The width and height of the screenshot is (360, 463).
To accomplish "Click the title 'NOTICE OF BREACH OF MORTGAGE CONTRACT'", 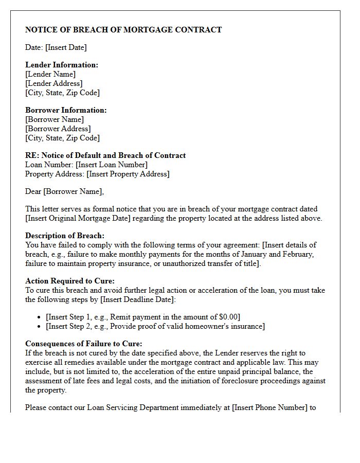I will tap(123, 30).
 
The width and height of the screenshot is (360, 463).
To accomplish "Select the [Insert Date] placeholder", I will tap(66, 47).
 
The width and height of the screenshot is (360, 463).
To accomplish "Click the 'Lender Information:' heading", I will tap(62, 65).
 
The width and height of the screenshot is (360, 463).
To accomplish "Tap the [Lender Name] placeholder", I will tap(50, 74).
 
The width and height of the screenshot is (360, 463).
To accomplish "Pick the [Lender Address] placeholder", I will tap(54, 83).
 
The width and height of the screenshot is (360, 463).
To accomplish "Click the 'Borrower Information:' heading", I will tap(66, 110).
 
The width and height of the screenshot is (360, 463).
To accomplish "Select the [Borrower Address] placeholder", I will tap(58, 129).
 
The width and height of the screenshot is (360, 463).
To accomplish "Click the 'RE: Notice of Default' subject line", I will tap(105, 155).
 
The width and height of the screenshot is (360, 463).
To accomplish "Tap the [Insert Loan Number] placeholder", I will tap(112, 165).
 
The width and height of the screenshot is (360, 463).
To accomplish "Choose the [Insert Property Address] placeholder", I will tap(128, 174).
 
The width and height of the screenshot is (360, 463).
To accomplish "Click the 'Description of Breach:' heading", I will tap(65, 236).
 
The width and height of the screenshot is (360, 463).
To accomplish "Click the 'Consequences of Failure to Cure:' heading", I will tap(84, 344).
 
